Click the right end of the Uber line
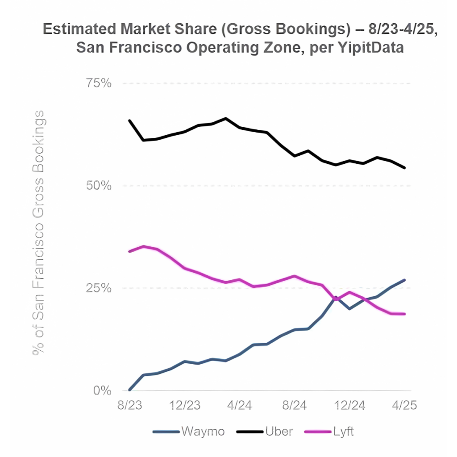[x=404, y=168]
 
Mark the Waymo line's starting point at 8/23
[x=129, y=390]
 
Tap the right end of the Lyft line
[x=404, y=314]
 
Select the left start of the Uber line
[x=129, y=120]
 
